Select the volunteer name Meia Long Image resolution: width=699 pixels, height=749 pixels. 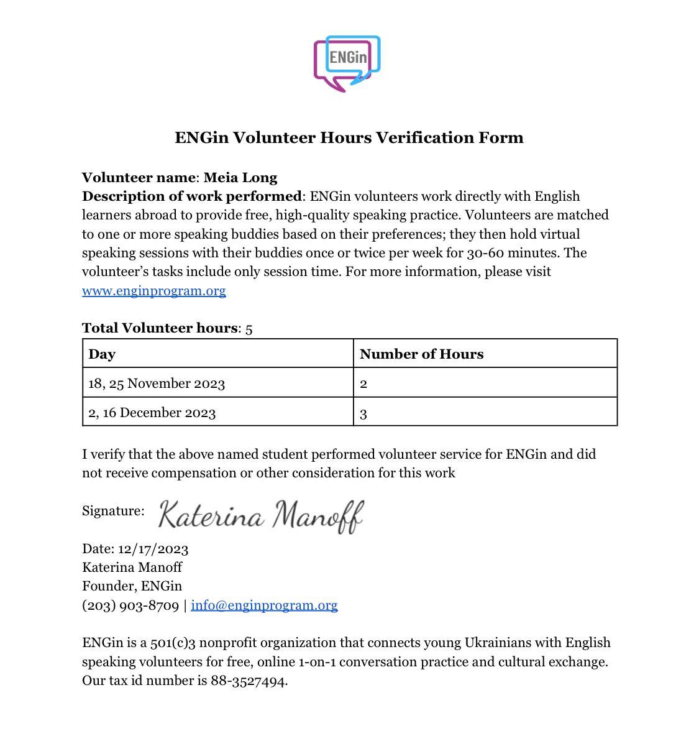(x=240, y=178)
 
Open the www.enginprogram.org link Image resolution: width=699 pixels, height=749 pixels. (x=153, y=291)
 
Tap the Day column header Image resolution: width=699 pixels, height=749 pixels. (x=102, y=354)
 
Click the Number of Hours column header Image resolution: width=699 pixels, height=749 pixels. (x=421, y=354)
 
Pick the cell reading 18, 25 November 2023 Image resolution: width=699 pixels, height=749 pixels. (x=157, y=384)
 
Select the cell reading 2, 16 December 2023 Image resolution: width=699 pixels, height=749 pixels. (x=152, y=413)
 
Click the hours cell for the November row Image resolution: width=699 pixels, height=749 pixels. (x=363, y=384)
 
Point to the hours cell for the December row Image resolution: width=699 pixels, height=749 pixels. (x=363, y=413)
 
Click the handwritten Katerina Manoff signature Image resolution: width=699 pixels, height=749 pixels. (x=260, y=516)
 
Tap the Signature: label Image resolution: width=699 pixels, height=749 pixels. (x=113, y=511)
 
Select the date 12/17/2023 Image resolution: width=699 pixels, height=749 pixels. (x=153, y=549)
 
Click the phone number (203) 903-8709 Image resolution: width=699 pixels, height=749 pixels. (x=130, y=605)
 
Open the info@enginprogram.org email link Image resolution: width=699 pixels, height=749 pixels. (x=264, y=605)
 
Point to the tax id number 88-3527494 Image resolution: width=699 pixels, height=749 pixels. (x=248, y=681)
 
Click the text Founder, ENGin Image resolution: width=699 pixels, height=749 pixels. (x=132, y=586)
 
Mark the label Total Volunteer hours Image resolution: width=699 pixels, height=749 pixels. (x=160, y=328)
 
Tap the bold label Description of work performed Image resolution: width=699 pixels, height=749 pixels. (x=191, y=196)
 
